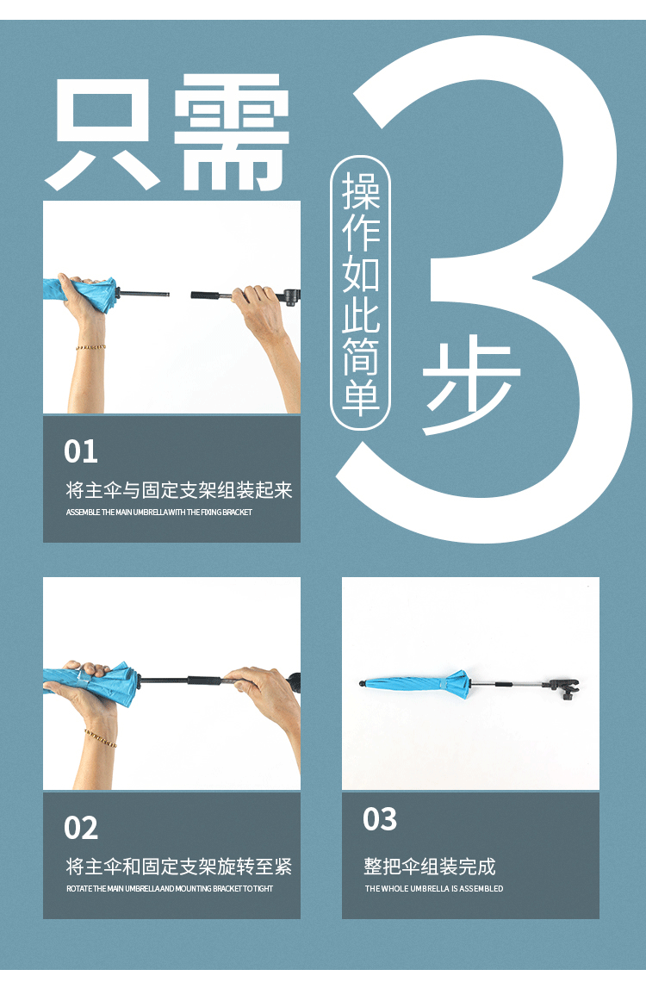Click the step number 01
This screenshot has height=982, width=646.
(81, 451)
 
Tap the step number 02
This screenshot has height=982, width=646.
(81, 828)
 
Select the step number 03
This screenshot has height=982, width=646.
(380, 819)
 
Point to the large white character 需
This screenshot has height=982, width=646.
(232, 133)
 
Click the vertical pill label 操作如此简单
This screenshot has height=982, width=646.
(361, 293)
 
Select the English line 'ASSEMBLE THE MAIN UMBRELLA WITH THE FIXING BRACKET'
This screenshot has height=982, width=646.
(159, 513)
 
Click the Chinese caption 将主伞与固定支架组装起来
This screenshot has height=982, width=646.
(179, 490)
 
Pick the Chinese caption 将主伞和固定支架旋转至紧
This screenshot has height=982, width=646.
(179, 866)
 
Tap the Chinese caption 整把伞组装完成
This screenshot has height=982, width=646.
(430, 866)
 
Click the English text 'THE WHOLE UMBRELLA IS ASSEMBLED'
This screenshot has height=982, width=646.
(434, 889)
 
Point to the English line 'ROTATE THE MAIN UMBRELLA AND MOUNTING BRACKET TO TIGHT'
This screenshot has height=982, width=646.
(170, 889)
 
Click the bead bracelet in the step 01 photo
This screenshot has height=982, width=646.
(90, 347)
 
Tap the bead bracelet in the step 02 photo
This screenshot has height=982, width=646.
(100, 738)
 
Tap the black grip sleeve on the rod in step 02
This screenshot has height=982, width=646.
(205, 681)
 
